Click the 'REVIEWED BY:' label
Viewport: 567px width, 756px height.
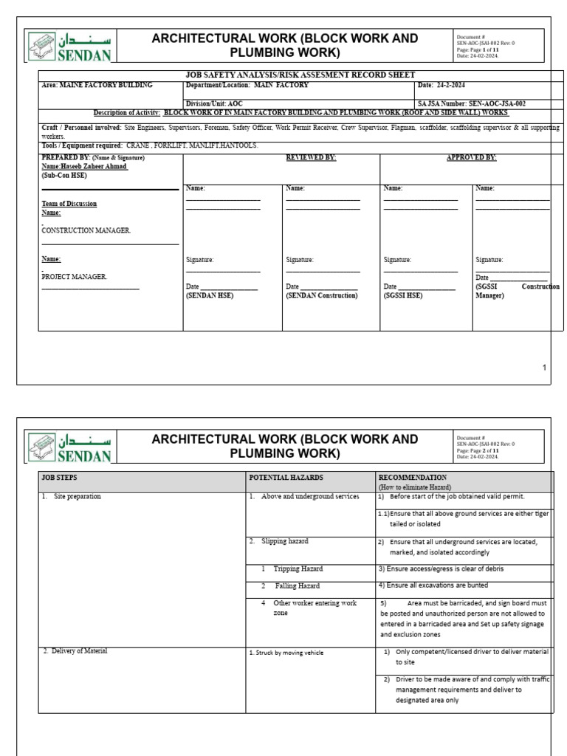pyautogui.click(x=311, y=158)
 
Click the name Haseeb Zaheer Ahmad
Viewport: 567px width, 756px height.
pyautogui.click(x=84, y=167)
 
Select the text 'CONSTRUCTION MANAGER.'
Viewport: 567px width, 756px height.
pyautogui.click(x=86, y=230)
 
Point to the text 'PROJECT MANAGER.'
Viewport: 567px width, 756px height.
pyautogui.click(x=75, y=276)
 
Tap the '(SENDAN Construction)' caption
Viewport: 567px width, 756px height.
pyautogui.click(x=321, y=295)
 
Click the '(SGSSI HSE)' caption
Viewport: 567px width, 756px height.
pyautogui.click(x=403, y=295)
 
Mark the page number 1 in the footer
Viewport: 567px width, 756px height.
pyautogui.click(x=544, y=367)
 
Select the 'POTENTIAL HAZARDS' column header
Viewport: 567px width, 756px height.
pyautogui.click(x=286, y=478)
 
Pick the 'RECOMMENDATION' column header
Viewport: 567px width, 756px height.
pyautogui.click(x=412, y=478)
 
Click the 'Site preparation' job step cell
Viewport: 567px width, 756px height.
pyautogui.click(x=77, y=497)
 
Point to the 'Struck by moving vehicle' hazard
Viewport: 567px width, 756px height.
pyautogui.click(x=286, y=653)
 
